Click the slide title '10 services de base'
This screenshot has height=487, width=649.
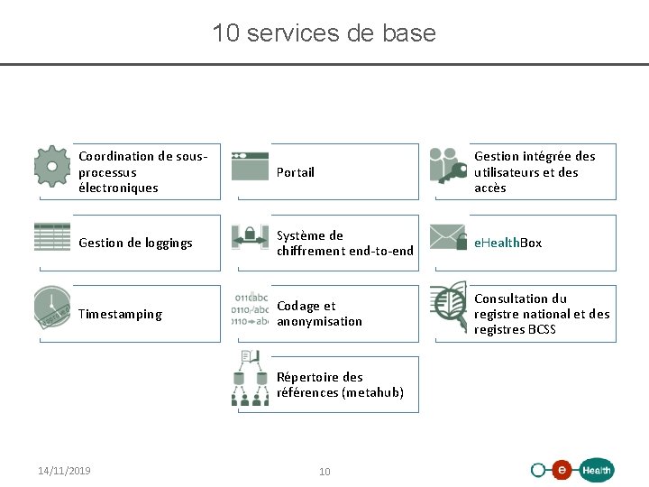[324, 33]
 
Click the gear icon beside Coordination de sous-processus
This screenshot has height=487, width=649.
[52, 165]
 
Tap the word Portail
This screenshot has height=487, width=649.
[296, 172]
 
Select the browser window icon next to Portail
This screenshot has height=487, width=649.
[250, 166]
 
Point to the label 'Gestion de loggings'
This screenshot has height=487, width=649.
[135, 243]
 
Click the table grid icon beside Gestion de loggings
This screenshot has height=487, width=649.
[52, 236]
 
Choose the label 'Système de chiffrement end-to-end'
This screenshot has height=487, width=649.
[344, 243]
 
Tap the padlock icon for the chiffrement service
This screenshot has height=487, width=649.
[250, 237]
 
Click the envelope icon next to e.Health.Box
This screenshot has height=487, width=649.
[448, 236]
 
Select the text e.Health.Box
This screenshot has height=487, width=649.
[508, 243]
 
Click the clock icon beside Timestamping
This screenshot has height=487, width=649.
[52, 308]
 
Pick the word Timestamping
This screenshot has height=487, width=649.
[120, 314]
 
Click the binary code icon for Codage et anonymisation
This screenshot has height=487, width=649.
[251, 308]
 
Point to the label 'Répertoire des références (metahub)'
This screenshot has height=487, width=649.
[340, 384]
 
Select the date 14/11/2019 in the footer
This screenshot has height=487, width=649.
[64, 471]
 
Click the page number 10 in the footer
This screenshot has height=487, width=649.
[325, 472]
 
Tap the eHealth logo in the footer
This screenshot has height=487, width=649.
[572, 470]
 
